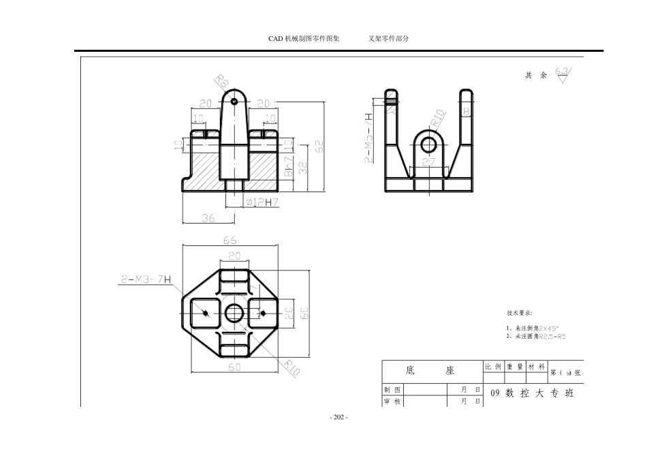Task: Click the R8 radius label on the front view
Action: (x=222, y=82)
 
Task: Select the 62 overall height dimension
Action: (x=319, y=147)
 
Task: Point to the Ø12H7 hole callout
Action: (x=262, y=202)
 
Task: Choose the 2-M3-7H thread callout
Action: (x=146, y=279)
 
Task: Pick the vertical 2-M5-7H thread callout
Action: (x=369, y=138)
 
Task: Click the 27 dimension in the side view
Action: (x=429, y=162)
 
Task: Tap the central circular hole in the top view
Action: (x=234, y=313)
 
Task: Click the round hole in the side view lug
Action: (x=428, y=144)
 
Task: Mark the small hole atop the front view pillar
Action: (x=234, y=101)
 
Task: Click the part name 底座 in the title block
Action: (x=430, y=371)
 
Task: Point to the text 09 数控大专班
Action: (x=532, y=393)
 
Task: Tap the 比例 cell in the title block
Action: (x=493, y=367)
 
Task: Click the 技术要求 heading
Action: (x=520, y=314)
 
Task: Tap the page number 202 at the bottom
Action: (x=338, y=417)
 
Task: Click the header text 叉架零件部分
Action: (x=388, y=39)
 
